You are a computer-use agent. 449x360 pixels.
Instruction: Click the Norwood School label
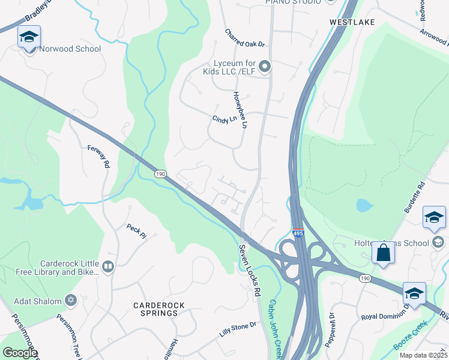[x=70, y=49]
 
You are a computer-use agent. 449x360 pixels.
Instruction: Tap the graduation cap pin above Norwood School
[x=29, y=38]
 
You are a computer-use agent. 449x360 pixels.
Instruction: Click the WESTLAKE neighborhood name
[x=352, y=22]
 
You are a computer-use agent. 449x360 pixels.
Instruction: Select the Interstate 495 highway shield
[x=298, y=232]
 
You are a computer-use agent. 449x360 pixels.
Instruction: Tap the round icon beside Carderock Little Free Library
[x=108, y=266]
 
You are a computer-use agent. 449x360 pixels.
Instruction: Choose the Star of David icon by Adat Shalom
[x=70, y=299]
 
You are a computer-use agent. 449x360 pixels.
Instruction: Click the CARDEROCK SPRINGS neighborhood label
[x=158, y=309]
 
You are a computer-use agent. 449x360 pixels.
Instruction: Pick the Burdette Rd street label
[x=414, y=199]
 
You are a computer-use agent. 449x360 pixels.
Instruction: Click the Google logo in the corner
[x=19, y=353]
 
